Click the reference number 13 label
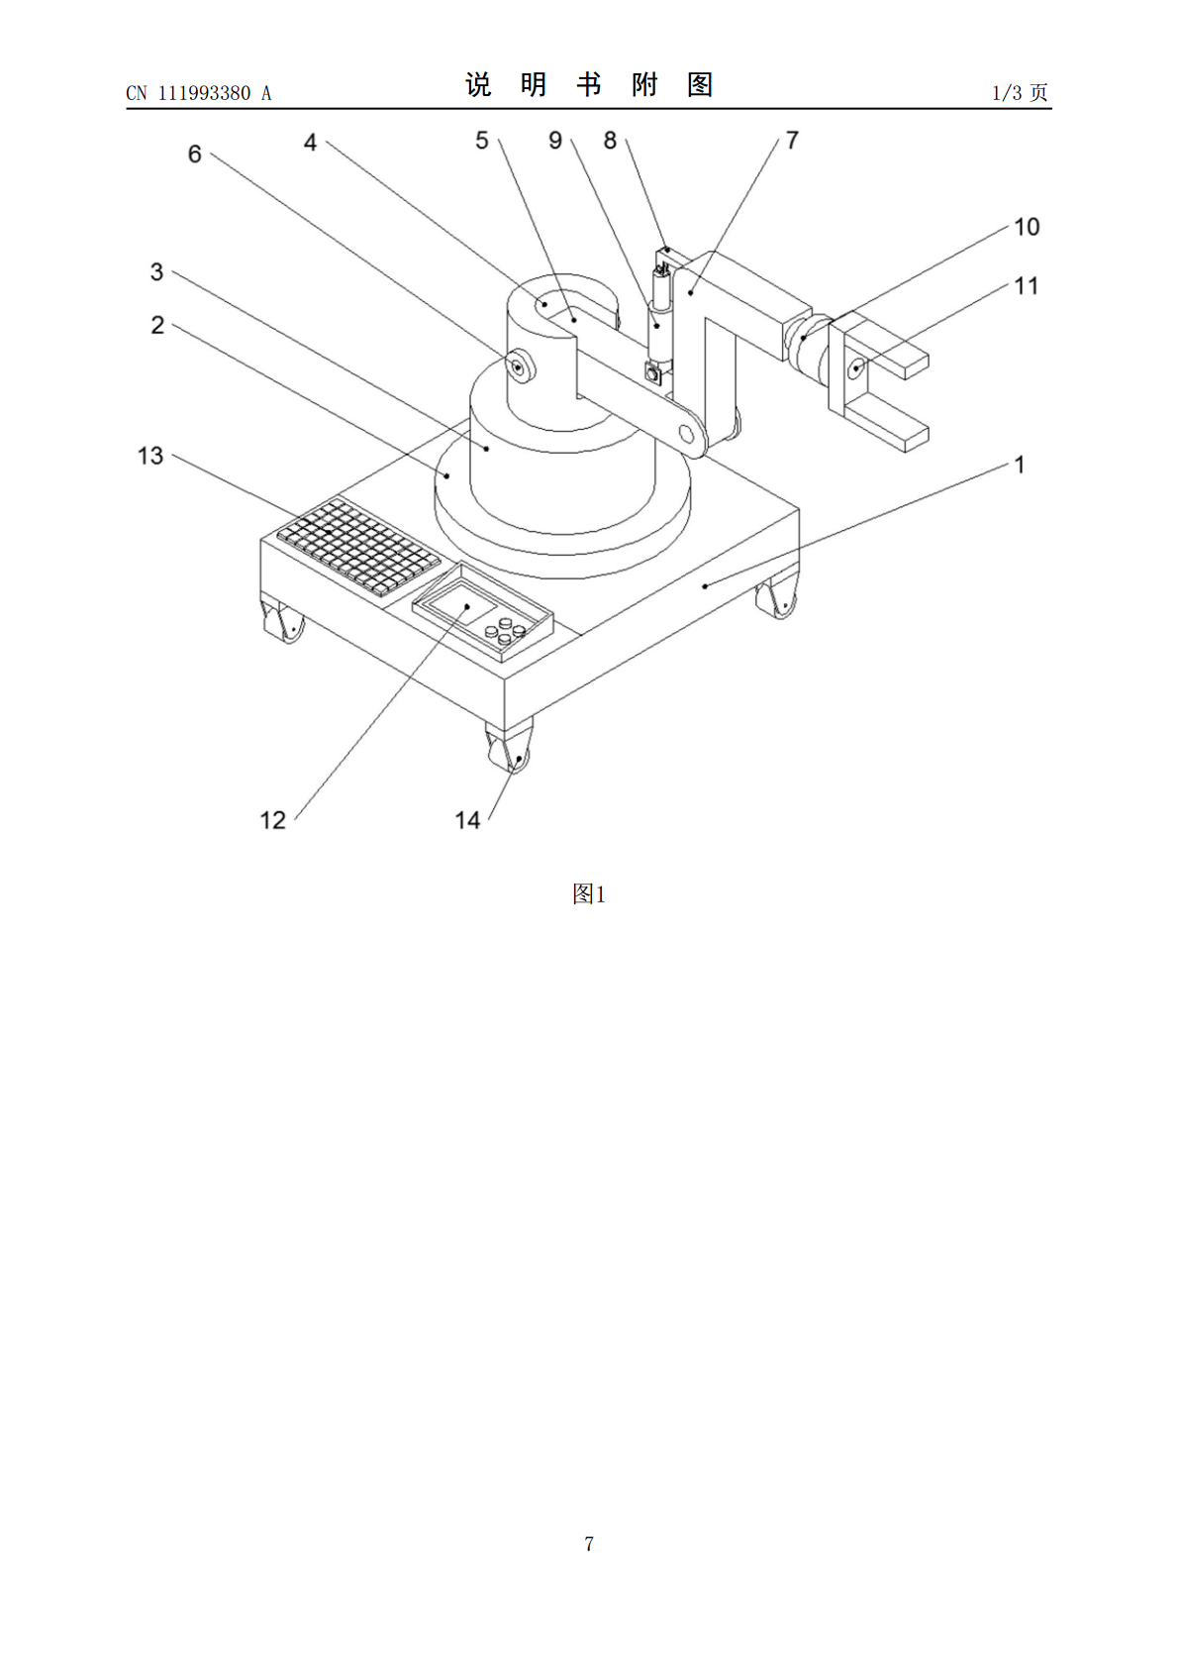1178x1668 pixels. click(x=150, y=456)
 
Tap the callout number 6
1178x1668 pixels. click(x=194, y=155)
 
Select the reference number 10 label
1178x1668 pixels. click(x=1027, y=227)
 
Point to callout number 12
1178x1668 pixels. click(x=273, y=820)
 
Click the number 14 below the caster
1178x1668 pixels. click(x=467, y=820)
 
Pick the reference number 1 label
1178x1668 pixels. click(x=1020, y=465)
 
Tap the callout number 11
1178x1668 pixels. click(x=1027, y=286)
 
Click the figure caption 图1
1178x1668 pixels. click(x=589, y=893)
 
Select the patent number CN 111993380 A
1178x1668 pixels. click(x=199, y=93)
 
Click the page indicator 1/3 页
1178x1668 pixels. click(x=1021, y=92)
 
